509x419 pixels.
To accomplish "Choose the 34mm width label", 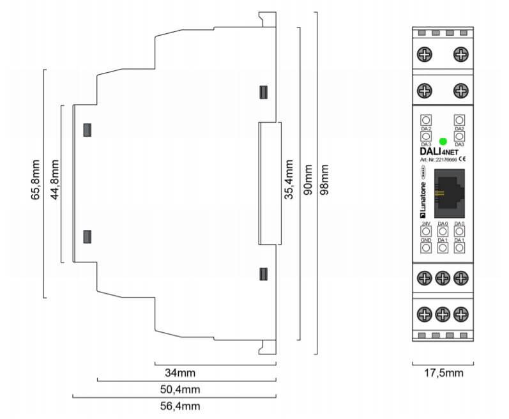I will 176,372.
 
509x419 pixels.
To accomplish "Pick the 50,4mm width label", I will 179,389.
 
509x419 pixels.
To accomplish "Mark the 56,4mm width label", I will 179,406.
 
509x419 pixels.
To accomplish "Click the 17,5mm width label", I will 443,372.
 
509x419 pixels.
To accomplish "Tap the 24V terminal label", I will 426,223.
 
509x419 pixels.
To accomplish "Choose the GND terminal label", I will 426,240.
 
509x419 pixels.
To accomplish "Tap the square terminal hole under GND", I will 426,247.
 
